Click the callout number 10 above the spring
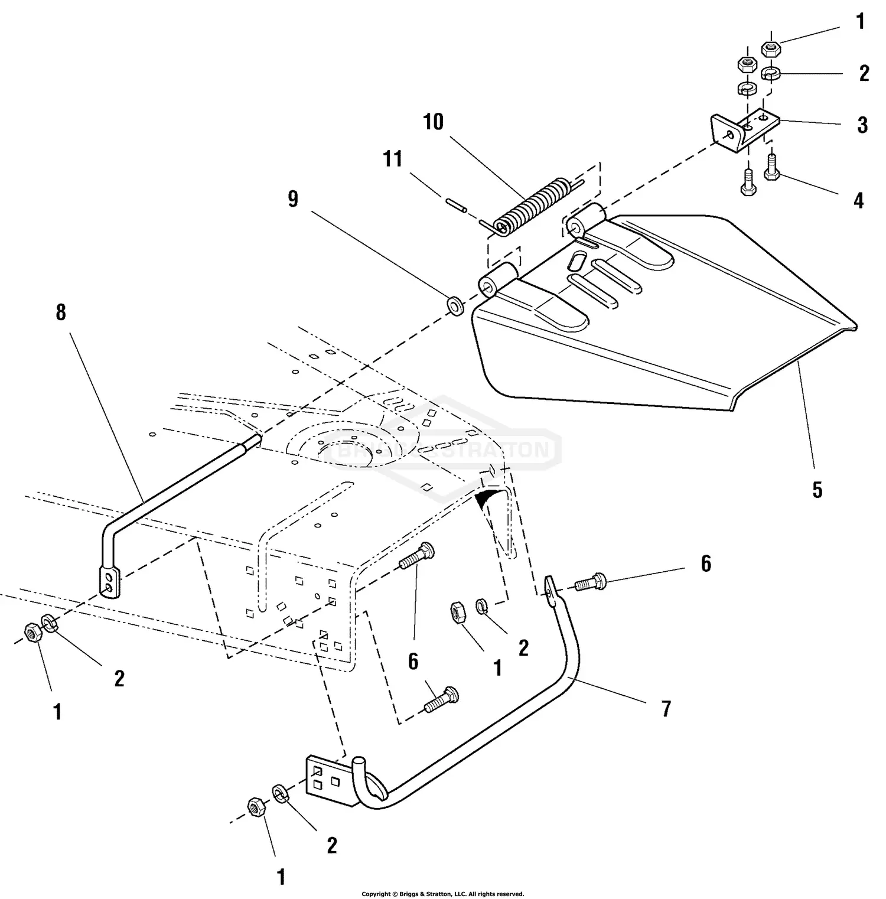[433, 122]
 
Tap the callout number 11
[393, 159]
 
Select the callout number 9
[293, 200]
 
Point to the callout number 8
[61, 312]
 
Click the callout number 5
[817, 490]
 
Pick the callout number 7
[666, 708]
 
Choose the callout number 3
[862, 125]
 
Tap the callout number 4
[858, 201]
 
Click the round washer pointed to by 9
[455, 306]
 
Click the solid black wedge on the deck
[488, 498]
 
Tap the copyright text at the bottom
[442, 894]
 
